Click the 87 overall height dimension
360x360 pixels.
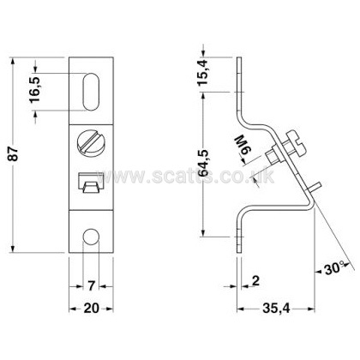(15, 154)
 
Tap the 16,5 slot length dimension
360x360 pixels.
(35, 90)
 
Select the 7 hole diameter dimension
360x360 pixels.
(91, 285)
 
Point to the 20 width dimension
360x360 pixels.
(92, 309)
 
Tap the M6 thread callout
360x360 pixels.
(240, 147)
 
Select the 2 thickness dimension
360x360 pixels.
(255, 281)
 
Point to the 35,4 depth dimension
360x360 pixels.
(276, 309)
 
